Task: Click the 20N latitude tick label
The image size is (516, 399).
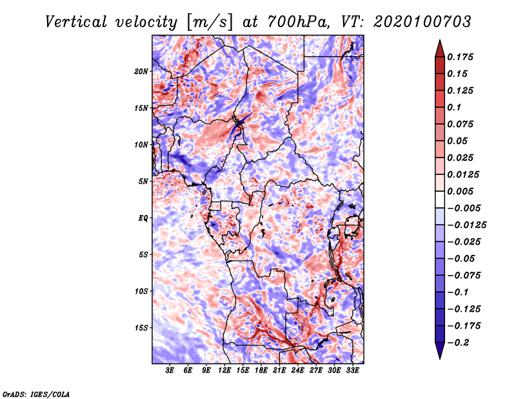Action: point(141,71)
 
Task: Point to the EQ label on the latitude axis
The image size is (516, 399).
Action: point(143,218)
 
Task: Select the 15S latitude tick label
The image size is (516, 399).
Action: point(141,328)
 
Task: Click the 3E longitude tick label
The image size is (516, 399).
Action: point(170,371)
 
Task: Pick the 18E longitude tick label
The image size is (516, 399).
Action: point(261,371)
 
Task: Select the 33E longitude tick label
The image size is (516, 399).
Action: point(352,371)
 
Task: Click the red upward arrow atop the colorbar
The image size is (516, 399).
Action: point(439,46)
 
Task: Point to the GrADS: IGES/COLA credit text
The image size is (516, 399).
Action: point(35,393)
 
